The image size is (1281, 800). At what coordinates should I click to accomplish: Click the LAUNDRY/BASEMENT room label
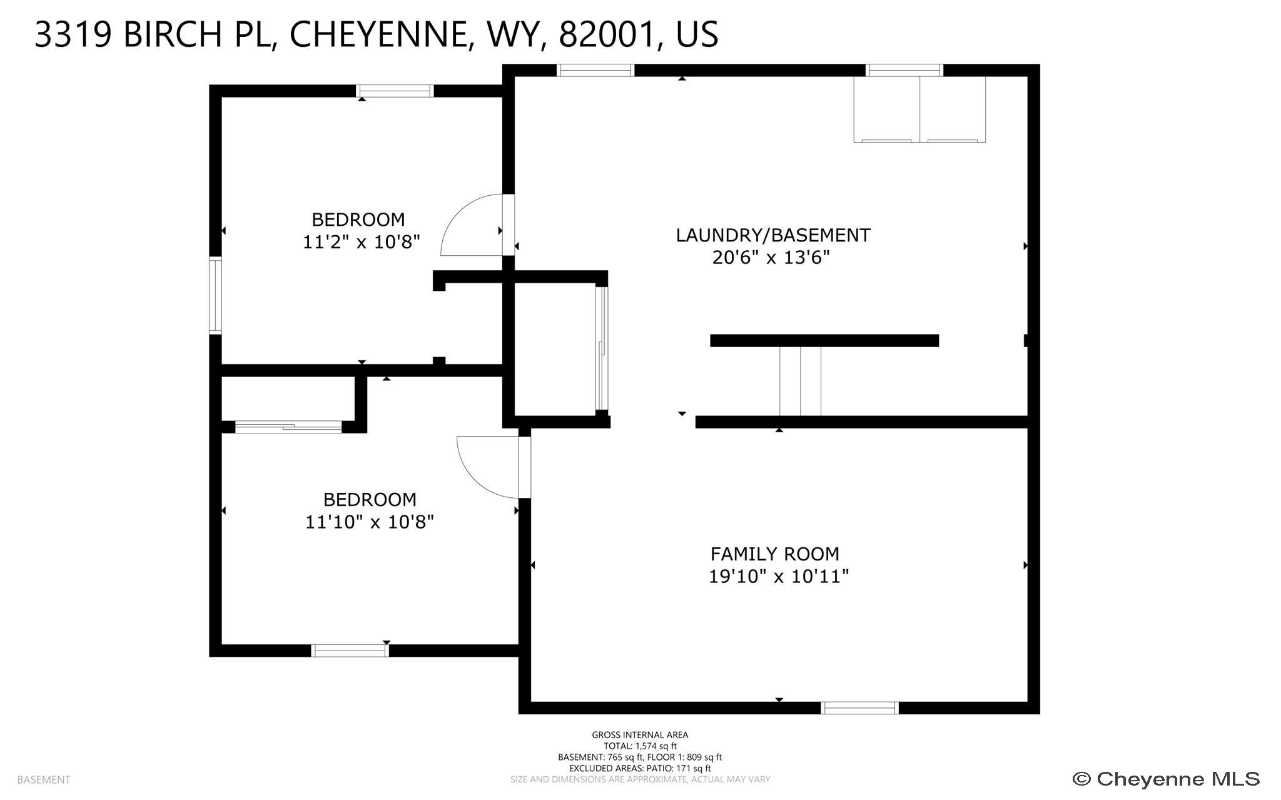coord(773,235)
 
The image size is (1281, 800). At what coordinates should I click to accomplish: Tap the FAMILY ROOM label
coord(774,554)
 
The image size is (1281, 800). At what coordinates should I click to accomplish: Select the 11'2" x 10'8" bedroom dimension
coord(362,241)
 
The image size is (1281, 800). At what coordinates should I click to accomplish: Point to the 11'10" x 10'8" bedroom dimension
coord(369,522)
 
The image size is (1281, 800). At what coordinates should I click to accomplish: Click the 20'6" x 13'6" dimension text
coord(771,257)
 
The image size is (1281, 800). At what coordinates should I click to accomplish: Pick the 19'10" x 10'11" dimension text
coord(779,576)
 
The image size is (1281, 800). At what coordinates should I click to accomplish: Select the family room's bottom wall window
coord(859,707)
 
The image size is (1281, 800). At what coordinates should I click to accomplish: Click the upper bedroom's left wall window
coord(215,295)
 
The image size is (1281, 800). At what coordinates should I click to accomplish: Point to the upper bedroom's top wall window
coord(395,91)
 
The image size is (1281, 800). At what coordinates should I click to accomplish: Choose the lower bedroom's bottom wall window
coord(350,651)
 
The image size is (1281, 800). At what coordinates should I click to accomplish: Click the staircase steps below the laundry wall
coord(800,381)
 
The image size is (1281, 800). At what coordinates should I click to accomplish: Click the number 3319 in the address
coord(73,34)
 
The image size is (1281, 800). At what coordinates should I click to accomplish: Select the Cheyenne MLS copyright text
coord(1166,779)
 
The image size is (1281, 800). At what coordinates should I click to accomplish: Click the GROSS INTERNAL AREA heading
coord(640,735)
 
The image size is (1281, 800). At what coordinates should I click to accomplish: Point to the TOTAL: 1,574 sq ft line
coord(640,746)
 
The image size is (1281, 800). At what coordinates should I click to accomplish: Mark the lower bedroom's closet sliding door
coord(288,427)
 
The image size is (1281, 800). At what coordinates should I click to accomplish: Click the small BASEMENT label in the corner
coord(44,780)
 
